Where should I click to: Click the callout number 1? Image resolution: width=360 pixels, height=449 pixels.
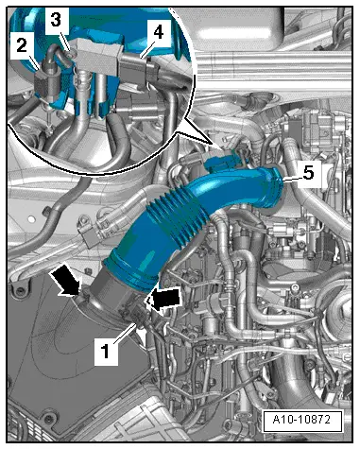coord(106,351)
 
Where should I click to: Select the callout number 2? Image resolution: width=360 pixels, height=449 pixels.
coord(22,46)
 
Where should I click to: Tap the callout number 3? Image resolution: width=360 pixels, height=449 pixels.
coord(56,20)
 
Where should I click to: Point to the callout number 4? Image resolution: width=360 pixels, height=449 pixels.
coord(158,32)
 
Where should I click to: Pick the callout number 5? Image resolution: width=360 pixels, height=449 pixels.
coord(308,173)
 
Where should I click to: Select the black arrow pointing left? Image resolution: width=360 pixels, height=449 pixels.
coord(163,299)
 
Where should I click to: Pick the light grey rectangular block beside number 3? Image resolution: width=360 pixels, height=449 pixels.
coord(98,56)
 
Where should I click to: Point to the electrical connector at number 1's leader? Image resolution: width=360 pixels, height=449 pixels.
coord(135,315)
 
